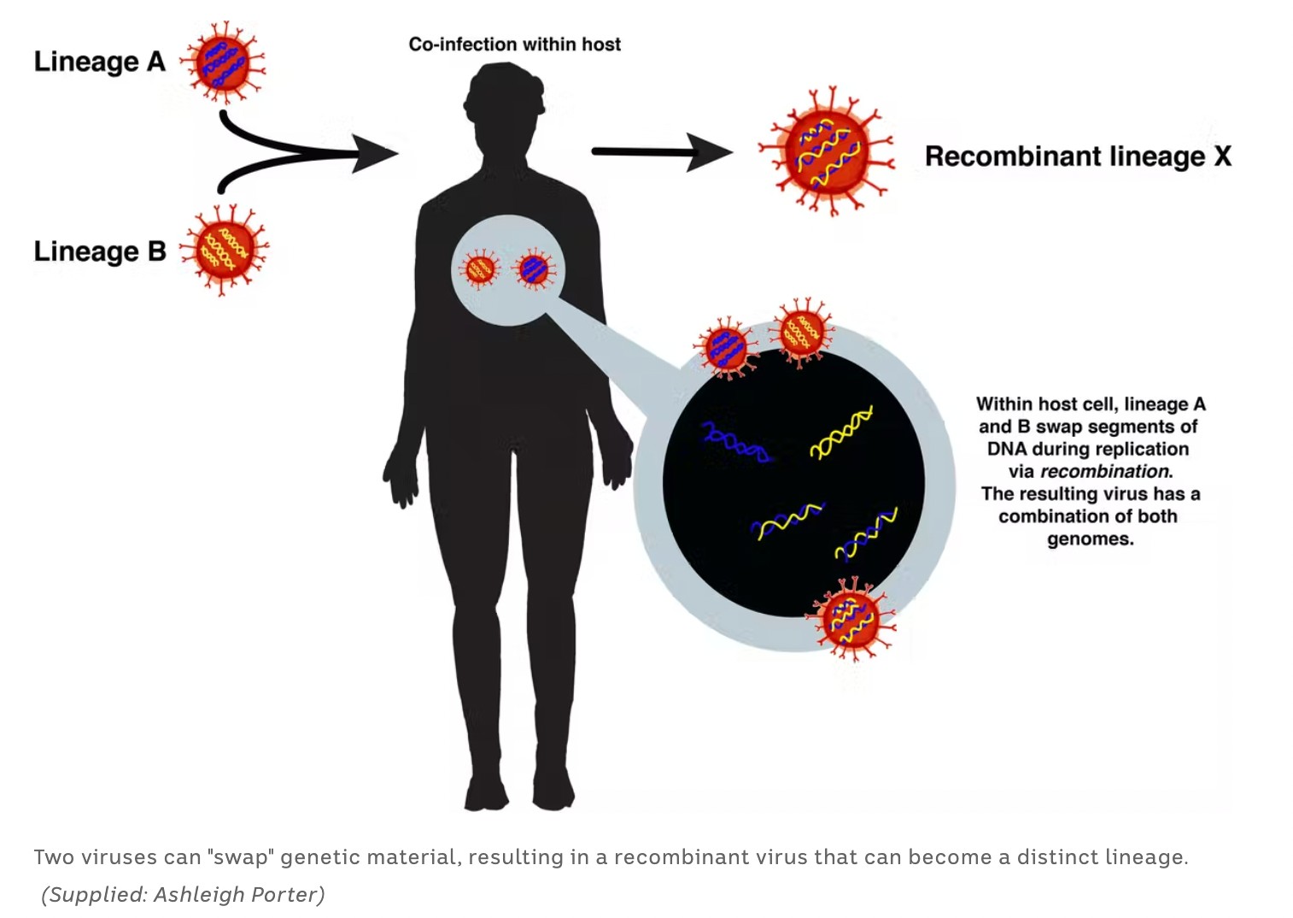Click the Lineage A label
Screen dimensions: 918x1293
tap(99, 62)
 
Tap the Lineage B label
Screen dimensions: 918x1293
tap(99, 251)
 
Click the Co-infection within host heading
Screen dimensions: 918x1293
tap(514, 44)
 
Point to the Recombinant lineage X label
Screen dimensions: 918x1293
tap(1078, 156)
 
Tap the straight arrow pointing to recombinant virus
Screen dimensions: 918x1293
tap(662, 152)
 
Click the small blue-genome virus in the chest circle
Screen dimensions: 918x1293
tap(535, 269)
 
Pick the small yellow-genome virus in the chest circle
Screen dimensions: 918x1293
tap(480, 269)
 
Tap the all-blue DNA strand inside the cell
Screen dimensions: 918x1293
tap(735, 441)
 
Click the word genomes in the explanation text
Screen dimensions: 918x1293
tap(1091, 539)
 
